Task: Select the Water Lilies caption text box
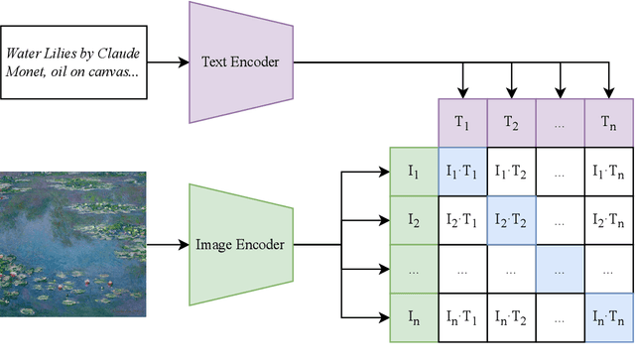tap(73, 62)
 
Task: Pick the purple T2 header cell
tap(511, 123)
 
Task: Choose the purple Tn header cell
tap(608, 123)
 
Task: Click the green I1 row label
tap(414, 172)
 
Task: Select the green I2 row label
tap(414, 220)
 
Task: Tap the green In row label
tap(414, 317)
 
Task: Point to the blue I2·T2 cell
tap(511, 220)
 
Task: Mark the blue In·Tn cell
tap(608, 317)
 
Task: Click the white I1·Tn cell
tap(608, 172)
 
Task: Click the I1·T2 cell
tap(511, 172)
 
